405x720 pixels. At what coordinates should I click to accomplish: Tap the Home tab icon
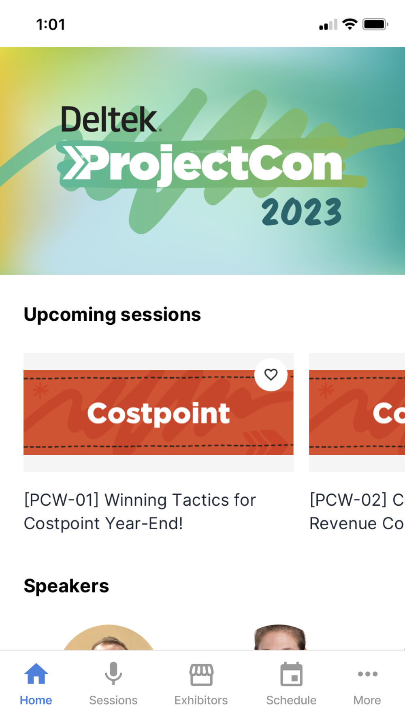36,673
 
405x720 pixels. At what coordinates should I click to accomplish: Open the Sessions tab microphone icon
113,673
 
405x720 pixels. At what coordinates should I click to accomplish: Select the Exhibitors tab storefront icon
201,674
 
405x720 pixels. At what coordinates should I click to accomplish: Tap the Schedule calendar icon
291,674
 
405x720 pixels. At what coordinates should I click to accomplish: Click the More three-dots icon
368,674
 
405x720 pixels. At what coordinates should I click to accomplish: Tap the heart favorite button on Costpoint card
271,375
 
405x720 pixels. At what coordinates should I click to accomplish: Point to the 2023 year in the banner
302,211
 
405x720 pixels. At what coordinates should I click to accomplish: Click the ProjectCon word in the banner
215,164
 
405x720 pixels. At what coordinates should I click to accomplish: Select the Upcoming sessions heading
112,315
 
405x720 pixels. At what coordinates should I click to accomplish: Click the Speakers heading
66,586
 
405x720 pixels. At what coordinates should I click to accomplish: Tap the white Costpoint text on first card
158,413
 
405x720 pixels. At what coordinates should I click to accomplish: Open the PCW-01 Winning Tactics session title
140,511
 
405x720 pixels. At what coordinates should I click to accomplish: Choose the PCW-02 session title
357,511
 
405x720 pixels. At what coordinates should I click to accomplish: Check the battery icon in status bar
375,24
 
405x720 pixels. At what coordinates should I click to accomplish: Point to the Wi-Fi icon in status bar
350,24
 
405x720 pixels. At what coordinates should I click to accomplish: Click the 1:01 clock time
51,25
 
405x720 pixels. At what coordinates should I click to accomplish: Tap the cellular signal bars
328,25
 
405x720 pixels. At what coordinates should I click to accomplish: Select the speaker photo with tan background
109,637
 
